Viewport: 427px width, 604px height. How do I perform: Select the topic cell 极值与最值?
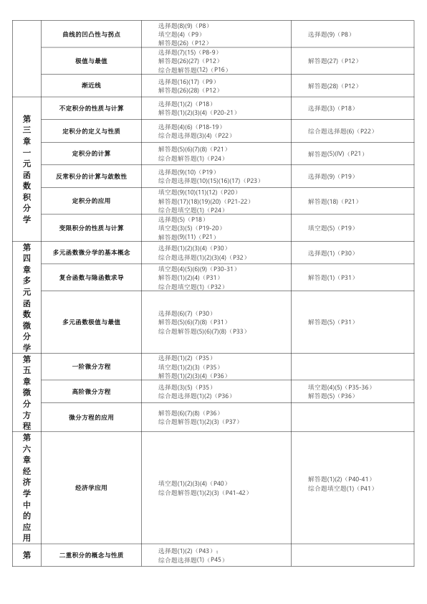(x=91, y=61)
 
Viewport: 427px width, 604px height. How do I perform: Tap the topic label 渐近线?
(x=91, y=85)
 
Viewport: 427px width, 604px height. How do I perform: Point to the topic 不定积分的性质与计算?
(x=91, y=108)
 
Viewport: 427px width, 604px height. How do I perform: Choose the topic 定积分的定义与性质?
(x=91, y=131)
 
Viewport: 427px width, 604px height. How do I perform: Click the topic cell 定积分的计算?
(x=91, y=154)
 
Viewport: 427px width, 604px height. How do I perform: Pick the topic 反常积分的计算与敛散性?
(x=91, y=176)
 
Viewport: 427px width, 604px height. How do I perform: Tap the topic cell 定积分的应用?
(x=91, y=201)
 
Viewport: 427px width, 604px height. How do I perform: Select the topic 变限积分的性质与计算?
(x=91, y=227)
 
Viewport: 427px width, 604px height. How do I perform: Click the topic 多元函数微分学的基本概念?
(x=91, y=253)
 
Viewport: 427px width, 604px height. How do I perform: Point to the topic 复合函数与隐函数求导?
(x=91, y=277)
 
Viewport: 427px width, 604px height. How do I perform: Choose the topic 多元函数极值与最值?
(x=91, y=322)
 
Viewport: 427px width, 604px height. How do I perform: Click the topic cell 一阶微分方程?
(x=91, y=367)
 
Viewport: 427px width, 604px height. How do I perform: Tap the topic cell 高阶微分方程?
(x=91, y=392)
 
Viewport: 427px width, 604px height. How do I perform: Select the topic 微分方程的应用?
(x=91, y=417)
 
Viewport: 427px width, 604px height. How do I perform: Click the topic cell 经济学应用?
(x=91, y=488)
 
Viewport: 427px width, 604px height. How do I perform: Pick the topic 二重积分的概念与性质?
(x=91, y=555)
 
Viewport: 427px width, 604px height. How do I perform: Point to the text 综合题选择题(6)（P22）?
(x=341, y=131)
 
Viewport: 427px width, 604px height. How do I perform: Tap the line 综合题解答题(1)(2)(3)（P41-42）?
(x=203, y=493)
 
